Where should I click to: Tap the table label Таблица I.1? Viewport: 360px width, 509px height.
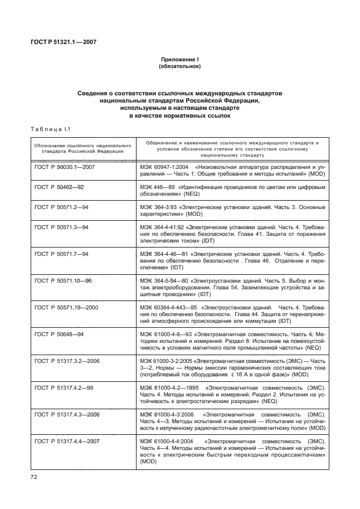[x=50, y=130]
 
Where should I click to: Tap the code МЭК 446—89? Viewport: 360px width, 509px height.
[x=155, y=187]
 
